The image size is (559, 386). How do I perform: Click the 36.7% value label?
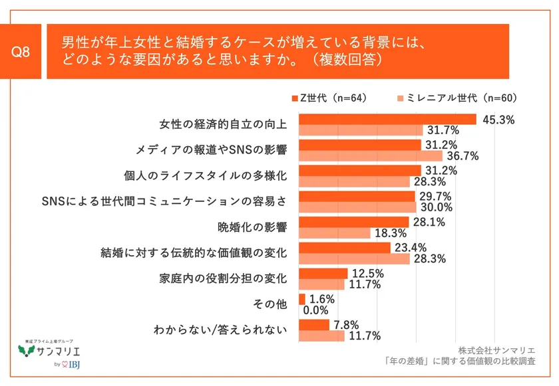click(461, 155)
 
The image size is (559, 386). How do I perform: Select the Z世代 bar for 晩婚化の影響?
click(354, 222)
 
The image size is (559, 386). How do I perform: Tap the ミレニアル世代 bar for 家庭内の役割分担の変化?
click(322, 284)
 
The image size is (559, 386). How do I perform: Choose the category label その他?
click(270, 304)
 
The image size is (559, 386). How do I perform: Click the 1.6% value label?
click(322, 299)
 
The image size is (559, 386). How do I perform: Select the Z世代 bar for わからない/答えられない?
click(315, 325)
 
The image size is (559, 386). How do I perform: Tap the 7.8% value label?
click(346, 325)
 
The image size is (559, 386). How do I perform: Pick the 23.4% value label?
click(410, 248)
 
